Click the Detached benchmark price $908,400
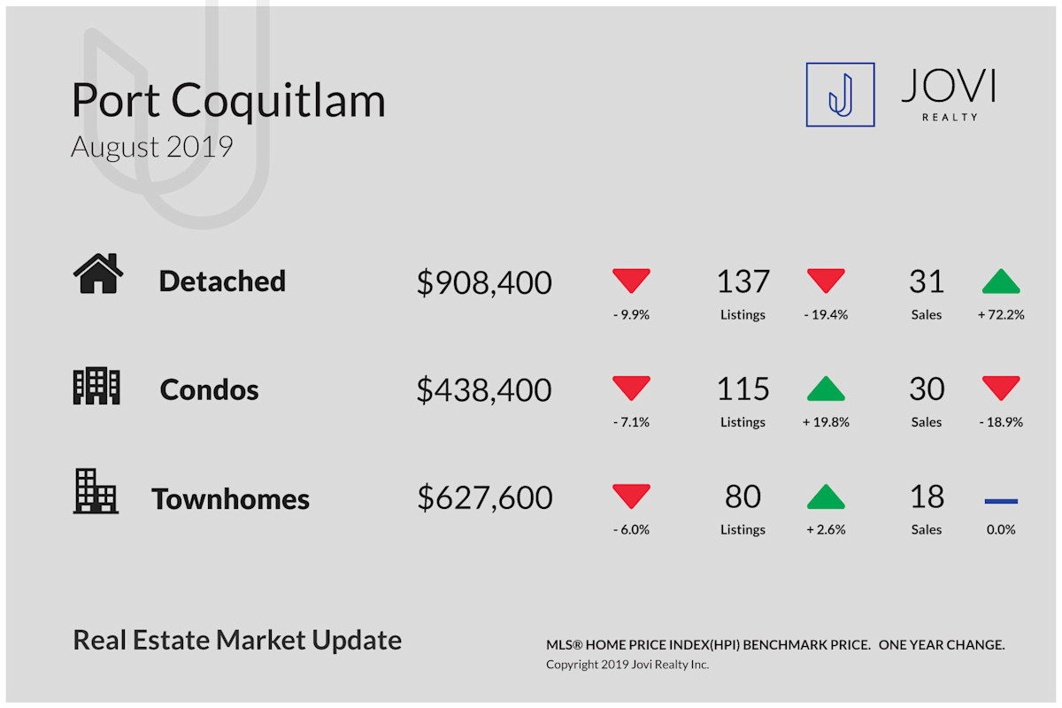(x=484, y=282)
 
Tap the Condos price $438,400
(x=484, y=389)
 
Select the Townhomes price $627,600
(x=485, y=497)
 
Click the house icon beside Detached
(x=98, y=273)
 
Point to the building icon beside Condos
(x=96, y=386)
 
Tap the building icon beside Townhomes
(x=96, y=491)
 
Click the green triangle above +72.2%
(x=1001, y=281)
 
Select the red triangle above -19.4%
(x=826, y=281)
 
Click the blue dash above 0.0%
(x=1001, y=501)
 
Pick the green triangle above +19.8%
(x=826, y=389)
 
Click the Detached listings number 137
(x=743, y=281)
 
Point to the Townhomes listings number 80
(x=743, y=497)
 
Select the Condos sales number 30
(x=927, y=389)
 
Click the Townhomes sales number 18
(x=927, y=497)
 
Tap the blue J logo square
(x=840, y=95)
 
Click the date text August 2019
(x=151, y=148)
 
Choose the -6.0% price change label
(x=631, y=530)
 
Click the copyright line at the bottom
(x=627, y=665)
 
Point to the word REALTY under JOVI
(x=950, y=117)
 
